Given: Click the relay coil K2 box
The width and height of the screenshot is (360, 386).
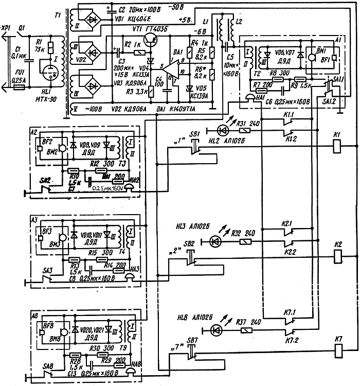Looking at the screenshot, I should coord(338,255).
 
